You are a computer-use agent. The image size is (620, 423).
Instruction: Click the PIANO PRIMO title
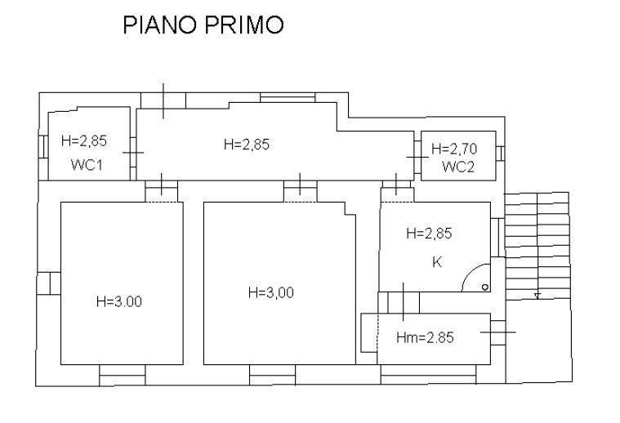tap(203, 24)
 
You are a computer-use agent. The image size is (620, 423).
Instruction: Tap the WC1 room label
tap(87, 164)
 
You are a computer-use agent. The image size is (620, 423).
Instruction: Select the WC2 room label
tap(458, 167)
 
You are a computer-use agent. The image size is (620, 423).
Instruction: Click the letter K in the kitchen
tap(437, 261)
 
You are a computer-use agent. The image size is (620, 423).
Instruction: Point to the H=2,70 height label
tap(454, 149)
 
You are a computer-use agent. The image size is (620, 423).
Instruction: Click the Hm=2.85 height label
tap(425, 337)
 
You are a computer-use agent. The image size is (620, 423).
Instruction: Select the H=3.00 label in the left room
tap(119, 301)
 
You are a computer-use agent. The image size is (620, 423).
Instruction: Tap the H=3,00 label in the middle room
tap(271, 292)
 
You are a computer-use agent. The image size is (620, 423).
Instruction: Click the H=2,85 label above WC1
tap(84, 140)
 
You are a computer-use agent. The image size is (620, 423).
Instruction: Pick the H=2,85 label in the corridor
tap(247, 145)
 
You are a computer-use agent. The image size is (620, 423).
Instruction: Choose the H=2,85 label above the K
tap(429, 234)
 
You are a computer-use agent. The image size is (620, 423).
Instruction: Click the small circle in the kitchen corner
tap(485, 287)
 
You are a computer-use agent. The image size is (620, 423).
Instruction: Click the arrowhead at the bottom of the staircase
tap(537, 296)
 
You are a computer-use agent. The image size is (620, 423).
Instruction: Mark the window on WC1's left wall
tap(43, 147)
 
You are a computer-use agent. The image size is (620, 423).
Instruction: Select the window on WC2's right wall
tap(500, 154)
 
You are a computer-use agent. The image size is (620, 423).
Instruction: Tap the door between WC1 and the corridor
tap(133, 153)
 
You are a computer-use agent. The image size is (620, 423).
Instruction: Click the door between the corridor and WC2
tap(417, 158)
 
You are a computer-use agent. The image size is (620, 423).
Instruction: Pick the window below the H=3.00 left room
tap(123, 375)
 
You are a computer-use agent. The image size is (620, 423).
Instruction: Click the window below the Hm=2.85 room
tap(428, 374)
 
